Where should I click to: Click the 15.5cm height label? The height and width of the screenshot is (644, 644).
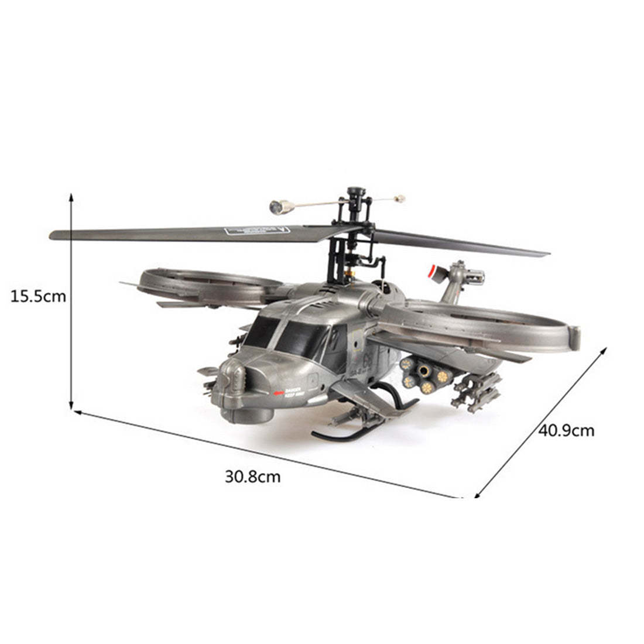(x=38, y=296)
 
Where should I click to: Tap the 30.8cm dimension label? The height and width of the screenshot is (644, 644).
(x=252, y=477)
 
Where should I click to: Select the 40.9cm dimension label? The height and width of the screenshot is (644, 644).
(x=566, y=431)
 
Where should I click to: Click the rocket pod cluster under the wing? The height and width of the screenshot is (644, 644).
(x=426, y=375)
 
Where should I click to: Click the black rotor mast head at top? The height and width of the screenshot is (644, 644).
(x=354, y=194)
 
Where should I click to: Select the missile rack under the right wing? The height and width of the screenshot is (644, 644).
(x=477, y=393)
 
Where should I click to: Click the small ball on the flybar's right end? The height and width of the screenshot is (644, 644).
(x=400, y=198)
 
